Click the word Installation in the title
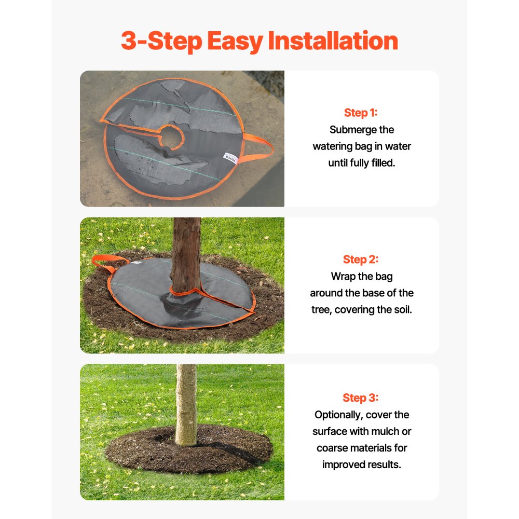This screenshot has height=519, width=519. click(333, 42)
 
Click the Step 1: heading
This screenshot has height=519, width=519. click(361, 113)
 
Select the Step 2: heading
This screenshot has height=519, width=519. click(361, 259)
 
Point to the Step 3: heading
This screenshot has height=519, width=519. click(361, 398)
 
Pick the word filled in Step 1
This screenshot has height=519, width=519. click(384, 163)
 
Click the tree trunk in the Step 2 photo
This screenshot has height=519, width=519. click(186, 249)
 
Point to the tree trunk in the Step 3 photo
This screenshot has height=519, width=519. click(186, 400)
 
